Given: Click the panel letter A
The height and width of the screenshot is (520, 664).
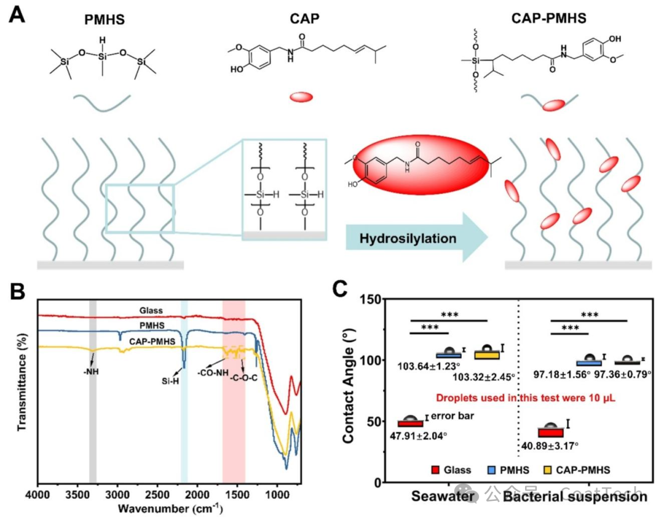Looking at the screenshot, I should tap(17, 15).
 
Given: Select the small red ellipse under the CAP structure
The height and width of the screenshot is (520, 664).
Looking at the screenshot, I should tap(301, 97).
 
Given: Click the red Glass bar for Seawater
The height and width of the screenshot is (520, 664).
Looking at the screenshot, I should tap(411, 423).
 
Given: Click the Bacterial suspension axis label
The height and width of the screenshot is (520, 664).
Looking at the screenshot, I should tap(575, 497).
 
